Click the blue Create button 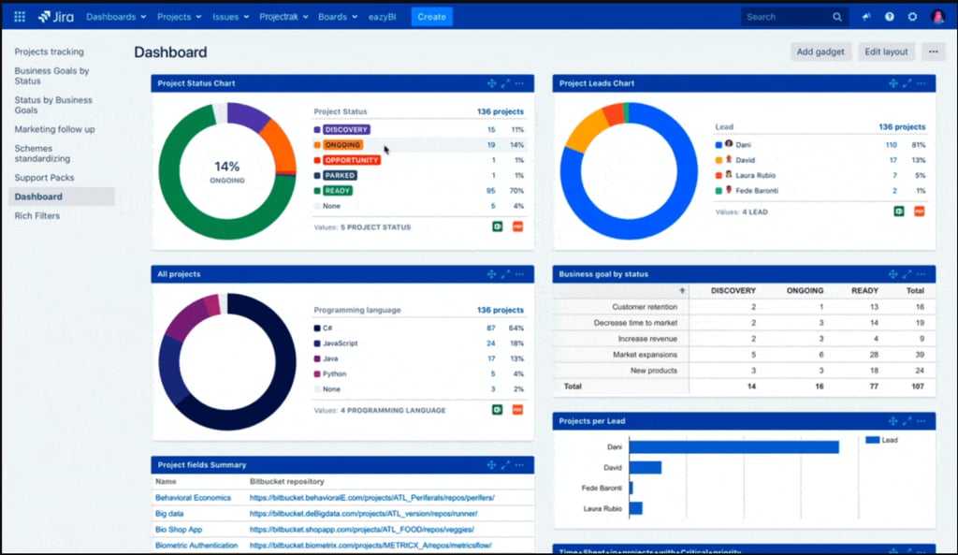pyautogui.click(x=431, y=17)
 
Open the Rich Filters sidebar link pyautogui.click(x=37, y=216)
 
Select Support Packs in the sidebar pyautogui.click(x=44, y=178)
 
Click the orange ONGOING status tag pyautogui.click(x=342, y=145)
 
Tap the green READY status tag pyautogui.click(x=338, y=191)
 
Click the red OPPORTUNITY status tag pyautogui.click(x=351, y=160)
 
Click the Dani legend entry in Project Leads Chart pyautogui.click(x=744, y=145)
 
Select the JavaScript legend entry pyautogui.click(x=341, y=343)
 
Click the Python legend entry pyautogui.click(x=334, y=373)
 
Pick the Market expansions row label pyautogui.click(x=645, y=355)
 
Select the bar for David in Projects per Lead pyautogui.click(x=646, y=467)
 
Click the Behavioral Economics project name pyautogui.click(x=193, y=498)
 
